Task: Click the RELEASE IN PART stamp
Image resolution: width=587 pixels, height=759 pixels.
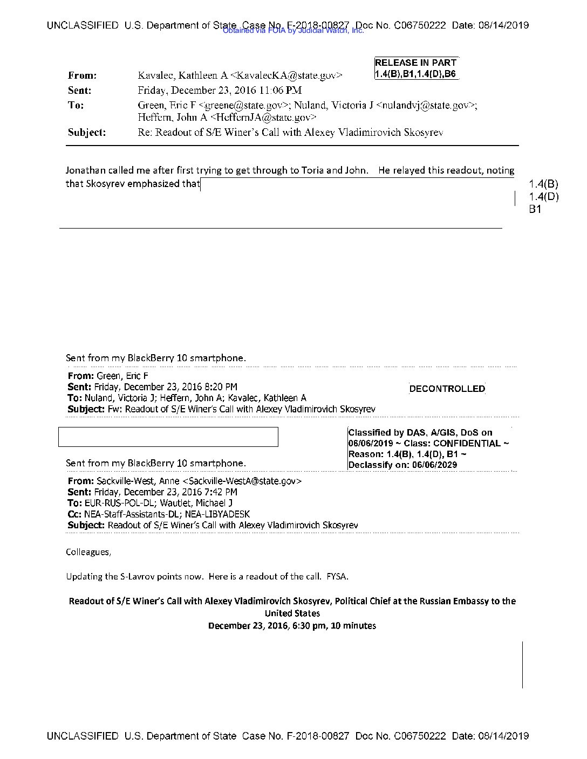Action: tap(415, 63)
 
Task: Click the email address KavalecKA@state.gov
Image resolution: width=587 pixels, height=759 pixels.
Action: tap(286, 75)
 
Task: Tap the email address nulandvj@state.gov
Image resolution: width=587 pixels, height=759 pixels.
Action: tap(426, 105)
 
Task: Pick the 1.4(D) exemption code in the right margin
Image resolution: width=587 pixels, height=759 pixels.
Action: tap(543, 197)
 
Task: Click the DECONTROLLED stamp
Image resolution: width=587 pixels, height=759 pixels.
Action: tap(447, 389)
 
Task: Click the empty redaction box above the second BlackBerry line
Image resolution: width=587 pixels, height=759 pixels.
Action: tap(168, 437)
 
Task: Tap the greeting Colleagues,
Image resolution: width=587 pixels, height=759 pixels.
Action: tap(88, 552)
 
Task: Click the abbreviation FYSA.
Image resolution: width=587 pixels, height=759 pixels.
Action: tap(337, 576)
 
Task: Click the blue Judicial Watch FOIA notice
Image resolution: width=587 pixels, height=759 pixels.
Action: tap(293, 31)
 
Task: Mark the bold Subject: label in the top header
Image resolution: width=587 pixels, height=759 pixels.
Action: tap(86, 132)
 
